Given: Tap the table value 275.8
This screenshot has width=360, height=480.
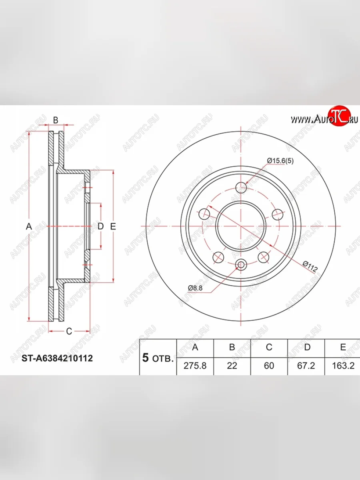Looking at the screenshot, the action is click(195, 366).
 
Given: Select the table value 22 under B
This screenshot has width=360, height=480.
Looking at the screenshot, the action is click(232, 366).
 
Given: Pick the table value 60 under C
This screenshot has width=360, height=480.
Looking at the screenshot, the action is click(269, 366).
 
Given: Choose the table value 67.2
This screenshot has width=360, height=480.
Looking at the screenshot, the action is click(306, 366).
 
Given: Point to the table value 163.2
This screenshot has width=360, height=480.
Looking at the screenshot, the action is click(343, 366).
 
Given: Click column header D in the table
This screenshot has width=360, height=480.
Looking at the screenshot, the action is click(307, 347).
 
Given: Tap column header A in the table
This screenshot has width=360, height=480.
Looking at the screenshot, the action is click(195, 347).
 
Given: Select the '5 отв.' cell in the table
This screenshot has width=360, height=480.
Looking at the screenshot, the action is click(158, 358).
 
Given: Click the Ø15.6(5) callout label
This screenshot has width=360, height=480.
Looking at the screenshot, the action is click(280, 161).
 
